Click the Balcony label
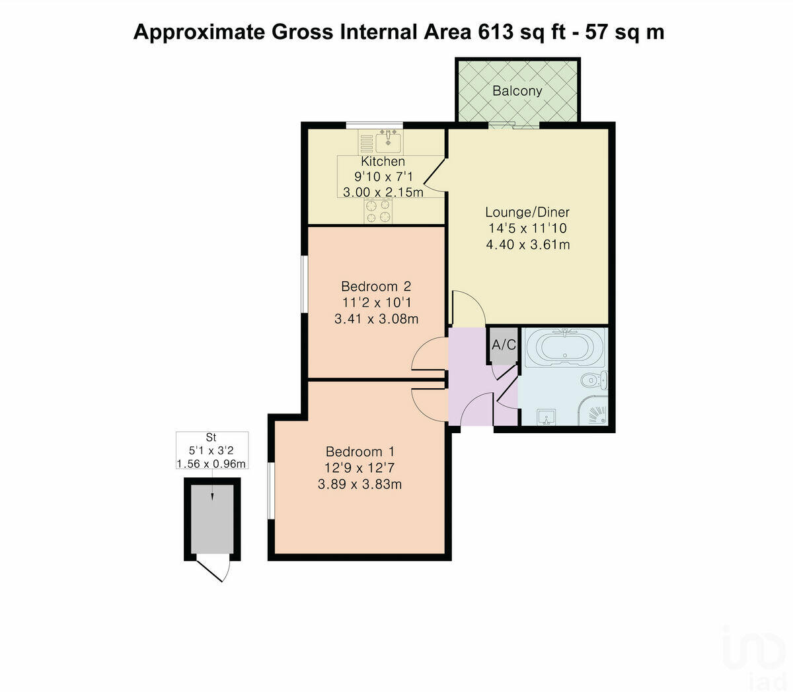click(517, 91)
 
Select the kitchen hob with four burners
click(378, 211)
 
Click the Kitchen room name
click(383, 161)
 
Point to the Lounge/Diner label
click(527, 212)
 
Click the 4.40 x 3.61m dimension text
click(527, 245)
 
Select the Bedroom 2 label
click(376, 286)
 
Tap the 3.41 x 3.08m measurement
click(376, 319)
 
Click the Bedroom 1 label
click(360, 452)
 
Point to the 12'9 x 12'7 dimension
click(360, 468)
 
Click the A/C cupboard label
click(504, 345)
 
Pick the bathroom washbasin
click(546, 417)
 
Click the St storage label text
click(211, 437)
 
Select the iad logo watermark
click(753, 654)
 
